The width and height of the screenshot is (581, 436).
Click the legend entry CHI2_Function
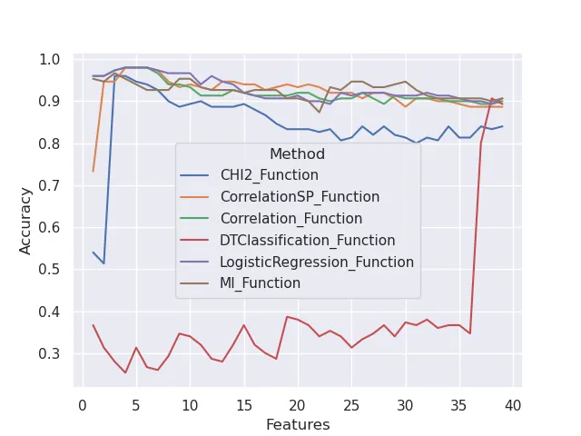click(x=270, y=175)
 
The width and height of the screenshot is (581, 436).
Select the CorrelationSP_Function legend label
click(x=300, y=197)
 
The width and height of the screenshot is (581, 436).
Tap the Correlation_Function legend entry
click(x=291, y=219)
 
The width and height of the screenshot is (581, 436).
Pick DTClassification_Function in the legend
click(x=308, y=241)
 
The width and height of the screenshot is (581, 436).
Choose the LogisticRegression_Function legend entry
click(x=317, y=263)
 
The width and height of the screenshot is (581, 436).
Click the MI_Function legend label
click(x=261, y=283)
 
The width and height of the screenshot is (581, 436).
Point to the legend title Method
click(x=297, y=154)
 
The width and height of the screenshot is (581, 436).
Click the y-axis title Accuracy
click(x=26, y=221)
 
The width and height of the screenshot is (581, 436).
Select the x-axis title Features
click(x=298, y=424)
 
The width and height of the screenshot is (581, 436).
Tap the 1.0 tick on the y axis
click(x=50, y=60)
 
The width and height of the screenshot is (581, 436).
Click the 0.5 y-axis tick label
click(x=50, y=270)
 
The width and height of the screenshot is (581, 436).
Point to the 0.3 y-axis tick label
click(x=50, y=353)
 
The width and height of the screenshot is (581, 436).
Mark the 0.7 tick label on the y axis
click(x=50, y=185)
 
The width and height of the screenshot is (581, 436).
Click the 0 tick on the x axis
click(x=83, y=404)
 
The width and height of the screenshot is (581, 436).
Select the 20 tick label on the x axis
click(x=298, y=404)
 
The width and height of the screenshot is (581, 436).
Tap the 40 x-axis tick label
click(x=513, y=404)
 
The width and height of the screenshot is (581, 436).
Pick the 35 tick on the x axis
click(x=459, y=404)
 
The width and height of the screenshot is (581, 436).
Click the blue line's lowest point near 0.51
click(x=103, y=263)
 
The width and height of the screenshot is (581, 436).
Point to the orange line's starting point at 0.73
click(x=94, y=171)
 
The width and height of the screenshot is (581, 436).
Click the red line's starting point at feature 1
click(x=94, y=325)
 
